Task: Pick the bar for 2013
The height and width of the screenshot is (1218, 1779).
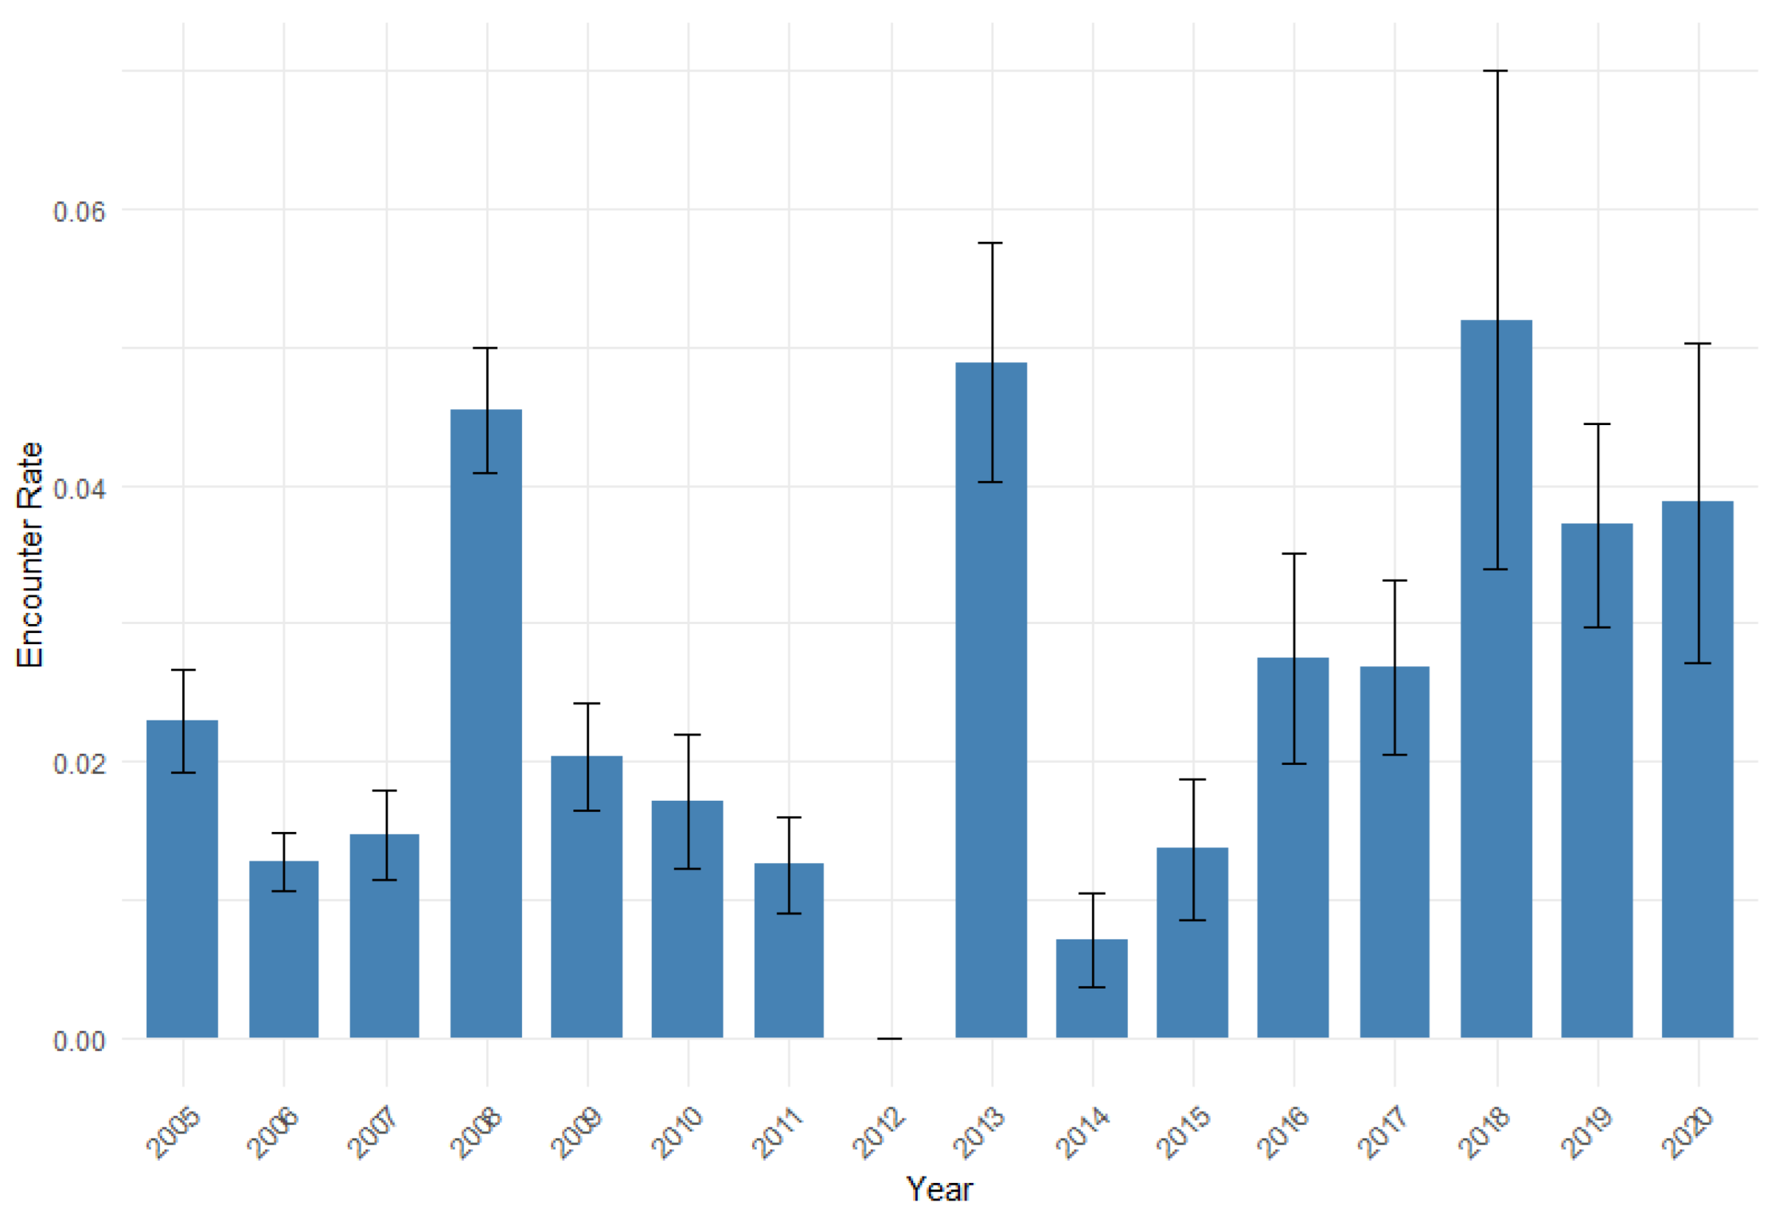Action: (991, 700)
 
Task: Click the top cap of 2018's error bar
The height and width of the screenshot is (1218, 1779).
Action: (1496, 71)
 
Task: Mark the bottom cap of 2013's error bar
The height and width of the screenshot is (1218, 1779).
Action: (991, 482)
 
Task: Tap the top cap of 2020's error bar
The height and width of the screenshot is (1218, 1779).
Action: (1698, 343)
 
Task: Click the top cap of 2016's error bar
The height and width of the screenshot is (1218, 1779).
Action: (1293, 553)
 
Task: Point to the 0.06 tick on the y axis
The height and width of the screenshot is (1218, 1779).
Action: (79, 212)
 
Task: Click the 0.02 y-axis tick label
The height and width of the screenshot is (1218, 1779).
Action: (79, 763)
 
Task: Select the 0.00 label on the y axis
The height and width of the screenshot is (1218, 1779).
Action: (79, 1040)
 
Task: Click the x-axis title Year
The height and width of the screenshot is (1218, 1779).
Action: (939, 1189)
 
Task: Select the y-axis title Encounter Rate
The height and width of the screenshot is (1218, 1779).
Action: (29, 555)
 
